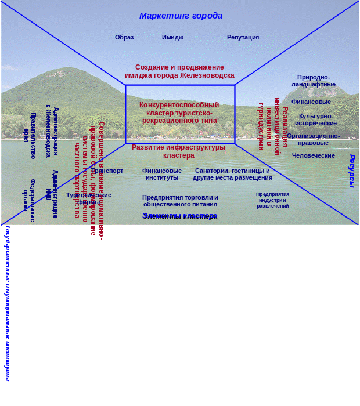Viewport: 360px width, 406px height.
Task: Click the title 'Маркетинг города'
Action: click(181, 16)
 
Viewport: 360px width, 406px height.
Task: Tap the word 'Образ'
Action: click(124, 37)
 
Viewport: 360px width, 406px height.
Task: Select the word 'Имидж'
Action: click(172, 37)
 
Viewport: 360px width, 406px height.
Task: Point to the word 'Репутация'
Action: click(243, 37)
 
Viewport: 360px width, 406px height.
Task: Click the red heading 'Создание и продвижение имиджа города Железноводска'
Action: click(179, 71)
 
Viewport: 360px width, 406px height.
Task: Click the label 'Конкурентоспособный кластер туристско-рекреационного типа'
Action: click(179, 113)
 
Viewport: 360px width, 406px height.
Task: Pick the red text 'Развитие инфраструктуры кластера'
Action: click(178, 151)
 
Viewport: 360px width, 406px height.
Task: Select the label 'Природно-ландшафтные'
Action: click(314, 81)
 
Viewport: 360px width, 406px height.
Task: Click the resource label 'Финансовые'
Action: click(311, 101)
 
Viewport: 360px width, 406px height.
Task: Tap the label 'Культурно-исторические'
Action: click(316, 119)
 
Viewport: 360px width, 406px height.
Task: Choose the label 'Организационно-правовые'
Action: click(314, 139)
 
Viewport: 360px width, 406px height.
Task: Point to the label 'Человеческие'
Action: click(314, 155)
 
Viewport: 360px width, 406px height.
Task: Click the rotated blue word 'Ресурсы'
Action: click(351, 171)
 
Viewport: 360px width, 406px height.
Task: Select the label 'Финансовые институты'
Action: click(162, 174)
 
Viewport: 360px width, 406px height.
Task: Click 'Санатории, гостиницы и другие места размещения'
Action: click(232, 174)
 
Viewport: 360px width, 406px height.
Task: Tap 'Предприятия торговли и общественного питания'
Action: click(180, 201)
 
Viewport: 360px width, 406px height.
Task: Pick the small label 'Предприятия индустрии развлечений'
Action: click(273, 200)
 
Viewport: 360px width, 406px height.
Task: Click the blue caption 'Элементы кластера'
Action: click(180, 216)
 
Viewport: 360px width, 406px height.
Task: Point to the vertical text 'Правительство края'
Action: click(29, 136)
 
